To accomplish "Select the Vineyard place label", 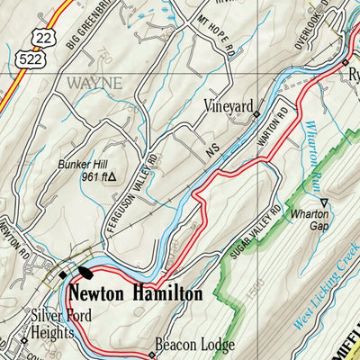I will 227,106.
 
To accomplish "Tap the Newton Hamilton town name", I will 135,292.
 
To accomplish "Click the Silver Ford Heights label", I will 50,324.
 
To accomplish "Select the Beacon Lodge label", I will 194,345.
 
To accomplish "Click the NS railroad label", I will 211,154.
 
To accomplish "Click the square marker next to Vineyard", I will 257,114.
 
